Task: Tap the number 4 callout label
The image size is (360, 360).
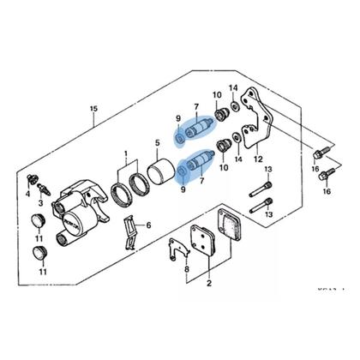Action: click(x=27, y=195)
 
